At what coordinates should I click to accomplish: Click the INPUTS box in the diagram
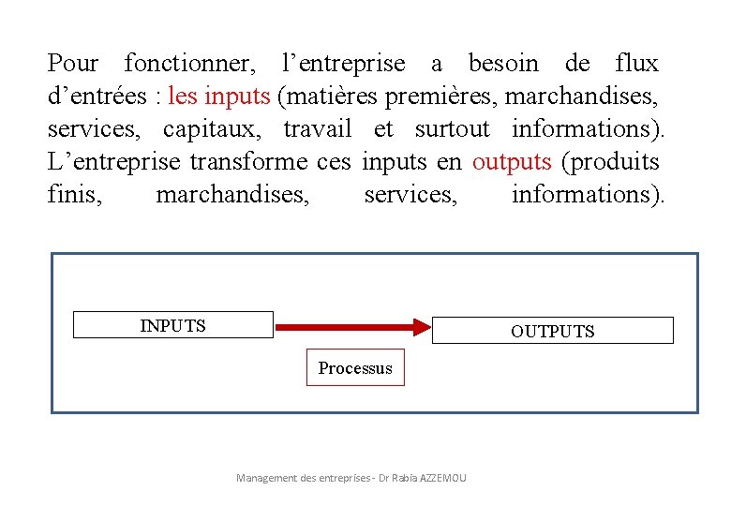[x=173, y=325]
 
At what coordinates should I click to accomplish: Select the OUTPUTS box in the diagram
[x=553, y=331]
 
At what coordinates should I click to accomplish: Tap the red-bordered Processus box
[x=355, y=367]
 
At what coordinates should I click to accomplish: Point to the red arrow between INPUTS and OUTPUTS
[x=352, y=327]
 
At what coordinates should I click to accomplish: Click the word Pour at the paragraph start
[x=73, y=64]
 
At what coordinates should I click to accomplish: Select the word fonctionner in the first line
[x=189, y=64]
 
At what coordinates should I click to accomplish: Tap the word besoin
[x=504, y=64]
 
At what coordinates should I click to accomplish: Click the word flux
[x=637, y=64]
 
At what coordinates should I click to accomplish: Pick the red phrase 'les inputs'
[x=219, y=97]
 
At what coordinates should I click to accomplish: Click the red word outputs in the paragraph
[x=512, y=162]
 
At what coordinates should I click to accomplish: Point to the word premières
[x=424, y=97]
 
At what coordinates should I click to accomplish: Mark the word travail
[x=318, y=129]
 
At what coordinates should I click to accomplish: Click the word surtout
[x=453, y=129]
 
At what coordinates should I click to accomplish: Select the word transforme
[x=248, y=162]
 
